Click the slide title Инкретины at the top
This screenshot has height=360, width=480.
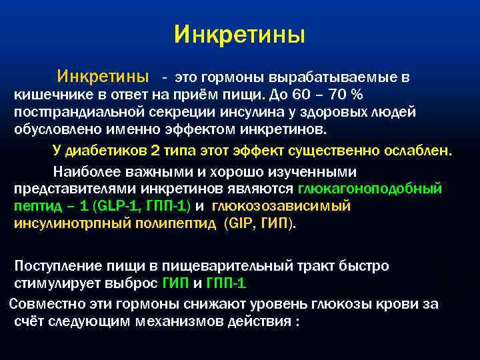pos(239,34)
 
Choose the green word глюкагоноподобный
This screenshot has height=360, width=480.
pos(371,189)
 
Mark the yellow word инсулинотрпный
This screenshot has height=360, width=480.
pos(71,223)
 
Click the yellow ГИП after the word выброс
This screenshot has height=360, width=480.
pos(175,283)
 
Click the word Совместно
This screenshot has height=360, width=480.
pos(44,304)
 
